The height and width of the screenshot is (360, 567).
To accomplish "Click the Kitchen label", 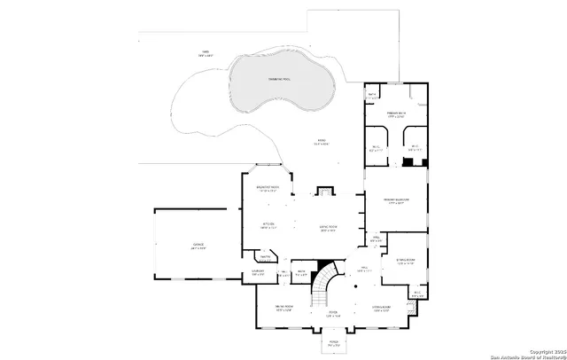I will pyautogui.click(x=268, y=225).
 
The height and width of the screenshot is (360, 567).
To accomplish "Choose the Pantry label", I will pyautogui.click(x=264, y=258).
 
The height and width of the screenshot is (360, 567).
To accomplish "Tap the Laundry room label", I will pyautogui.click(x=258, y=273).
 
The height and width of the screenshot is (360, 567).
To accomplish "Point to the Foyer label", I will pyautogui.click(x=333, y=313).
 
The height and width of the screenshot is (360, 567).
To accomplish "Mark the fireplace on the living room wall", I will pyautogui.click(x=325, y=189).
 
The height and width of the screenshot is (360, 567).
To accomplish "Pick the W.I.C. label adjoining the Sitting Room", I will pyautogui.click(x=416, y=293).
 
